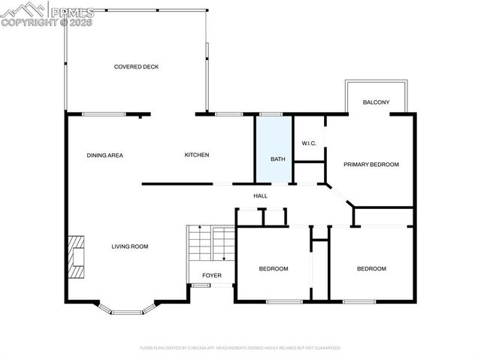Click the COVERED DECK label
tap(136, 67)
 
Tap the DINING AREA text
tap(104, 156)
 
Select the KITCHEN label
tap(197, 156)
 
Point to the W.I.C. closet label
tap(309, 143)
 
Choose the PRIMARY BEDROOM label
tap(371, 165)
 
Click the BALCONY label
tap(376, 102)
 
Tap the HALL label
tap(260, 196)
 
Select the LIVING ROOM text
tap(130, 247)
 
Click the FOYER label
tap(212, 275)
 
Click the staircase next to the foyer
tap(211, 245)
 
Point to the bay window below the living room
tap(127, 308)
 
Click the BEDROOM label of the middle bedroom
tap(274, 269)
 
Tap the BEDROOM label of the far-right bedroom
tap(371, 269)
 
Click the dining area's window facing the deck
tap(104, 114)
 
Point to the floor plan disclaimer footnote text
tap(240, 348)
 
